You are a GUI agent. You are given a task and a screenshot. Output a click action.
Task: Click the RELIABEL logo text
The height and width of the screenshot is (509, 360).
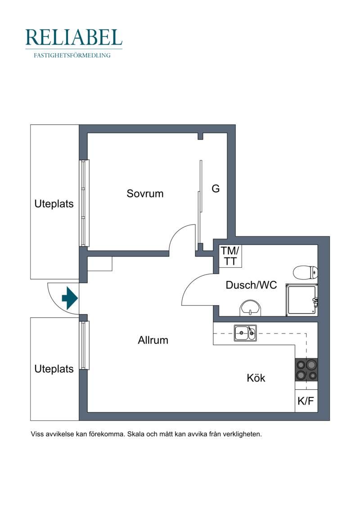pos(74,37)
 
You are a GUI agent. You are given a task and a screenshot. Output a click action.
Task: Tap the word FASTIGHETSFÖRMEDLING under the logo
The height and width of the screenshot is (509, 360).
pos(72,55)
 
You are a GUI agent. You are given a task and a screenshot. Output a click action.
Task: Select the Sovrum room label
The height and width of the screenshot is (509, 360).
pos(145,194)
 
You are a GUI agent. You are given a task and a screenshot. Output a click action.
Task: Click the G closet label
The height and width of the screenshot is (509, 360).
pos(216,188)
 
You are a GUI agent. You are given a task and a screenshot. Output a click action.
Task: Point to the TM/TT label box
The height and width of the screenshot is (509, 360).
pos(230,256)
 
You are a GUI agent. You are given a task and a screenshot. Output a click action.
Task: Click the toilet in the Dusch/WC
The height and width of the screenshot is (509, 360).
pos(306,272)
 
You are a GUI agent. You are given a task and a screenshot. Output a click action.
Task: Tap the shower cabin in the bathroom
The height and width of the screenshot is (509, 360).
pos(301,300)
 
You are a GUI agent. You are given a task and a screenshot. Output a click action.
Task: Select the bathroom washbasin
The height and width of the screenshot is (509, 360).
pos(250,308)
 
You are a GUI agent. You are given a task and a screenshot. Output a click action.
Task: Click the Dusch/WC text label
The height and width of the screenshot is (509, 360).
pos(251,285)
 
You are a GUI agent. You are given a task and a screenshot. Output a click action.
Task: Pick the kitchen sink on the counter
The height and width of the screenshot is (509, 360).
pos(245,333)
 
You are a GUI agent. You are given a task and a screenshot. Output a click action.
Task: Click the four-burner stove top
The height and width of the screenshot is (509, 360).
pos(306,370)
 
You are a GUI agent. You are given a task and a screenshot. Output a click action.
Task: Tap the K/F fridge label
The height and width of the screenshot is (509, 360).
pos(306,401)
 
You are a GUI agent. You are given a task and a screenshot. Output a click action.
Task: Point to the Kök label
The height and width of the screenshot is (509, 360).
pos(256,378)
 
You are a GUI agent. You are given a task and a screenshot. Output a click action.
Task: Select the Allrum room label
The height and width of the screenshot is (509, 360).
pos(153,340)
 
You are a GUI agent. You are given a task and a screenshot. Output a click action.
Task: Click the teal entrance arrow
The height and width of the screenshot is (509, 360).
pos(69,298)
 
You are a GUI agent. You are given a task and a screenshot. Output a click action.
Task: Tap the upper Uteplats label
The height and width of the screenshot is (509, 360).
pos(54,204)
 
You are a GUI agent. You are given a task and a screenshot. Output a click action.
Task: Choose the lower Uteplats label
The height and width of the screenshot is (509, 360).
pos(54,369)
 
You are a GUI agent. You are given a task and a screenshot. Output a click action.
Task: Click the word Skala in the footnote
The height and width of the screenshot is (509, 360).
pos(136,434)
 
